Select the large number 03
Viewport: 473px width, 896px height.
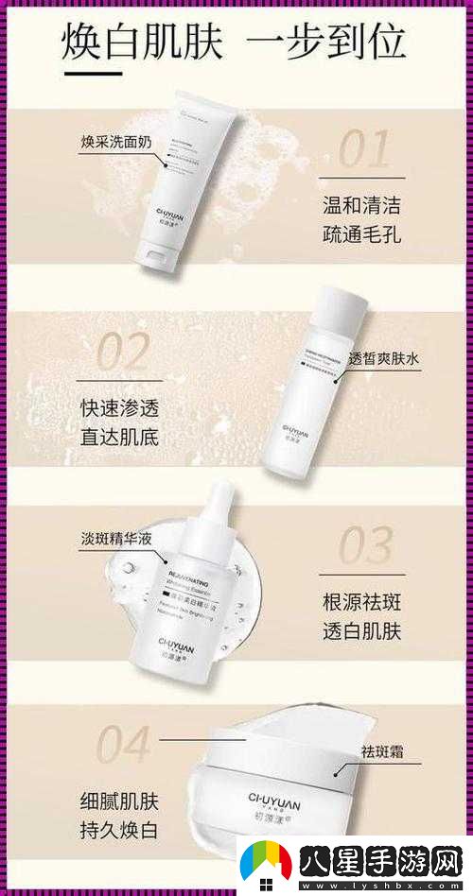[x=365, y=547]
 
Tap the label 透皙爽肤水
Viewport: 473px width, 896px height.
[x=383, y=359]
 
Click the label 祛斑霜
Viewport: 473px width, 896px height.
[x=384, y=751]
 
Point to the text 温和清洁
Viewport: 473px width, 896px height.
[x=361, y=203]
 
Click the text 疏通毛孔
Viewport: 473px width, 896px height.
[x=361, y=233]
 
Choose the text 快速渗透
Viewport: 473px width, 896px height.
[x=119, y=408]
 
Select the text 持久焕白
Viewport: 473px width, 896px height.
[x=119, y=832]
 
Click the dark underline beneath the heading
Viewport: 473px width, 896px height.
[x=92, y=73]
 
